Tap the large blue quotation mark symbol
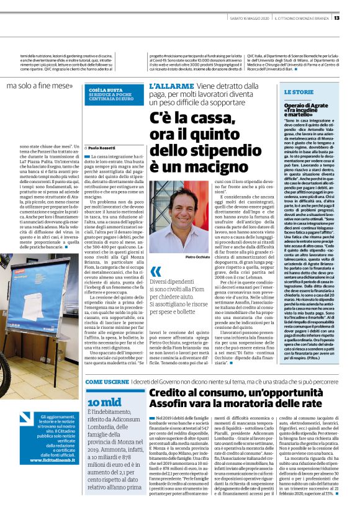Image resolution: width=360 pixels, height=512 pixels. [155, 272]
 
